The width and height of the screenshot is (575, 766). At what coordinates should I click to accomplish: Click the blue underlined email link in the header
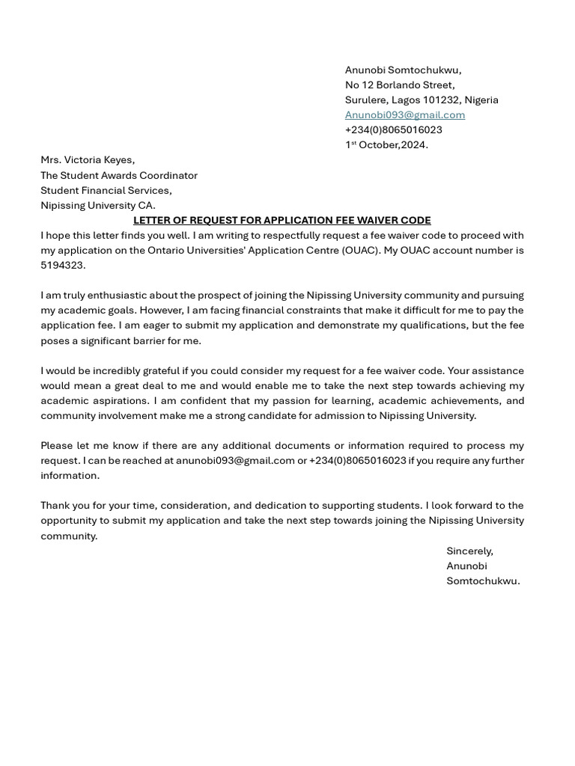click(x=404, y=114)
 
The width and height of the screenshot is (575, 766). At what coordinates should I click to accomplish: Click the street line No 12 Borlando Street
click(x=400, y=85)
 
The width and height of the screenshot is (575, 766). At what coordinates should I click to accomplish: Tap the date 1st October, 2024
click(x=386, y=144)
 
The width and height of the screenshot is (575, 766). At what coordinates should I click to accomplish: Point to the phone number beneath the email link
click(x=393, y=129)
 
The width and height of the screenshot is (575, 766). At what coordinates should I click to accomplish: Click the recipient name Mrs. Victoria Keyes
click(x=88, y=159)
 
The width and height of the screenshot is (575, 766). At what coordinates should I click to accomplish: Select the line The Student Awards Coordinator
click(x=119, y=175)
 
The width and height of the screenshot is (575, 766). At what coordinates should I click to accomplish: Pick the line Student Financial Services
click(x=106, y=190)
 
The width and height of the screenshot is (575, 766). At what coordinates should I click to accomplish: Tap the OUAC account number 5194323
click(x=63, y=265)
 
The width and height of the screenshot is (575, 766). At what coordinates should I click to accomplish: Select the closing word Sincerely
click(x=469, y=551)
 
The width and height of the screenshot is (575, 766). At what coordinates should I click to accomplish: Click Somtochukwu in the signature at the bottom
click(x=483, y=580)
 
